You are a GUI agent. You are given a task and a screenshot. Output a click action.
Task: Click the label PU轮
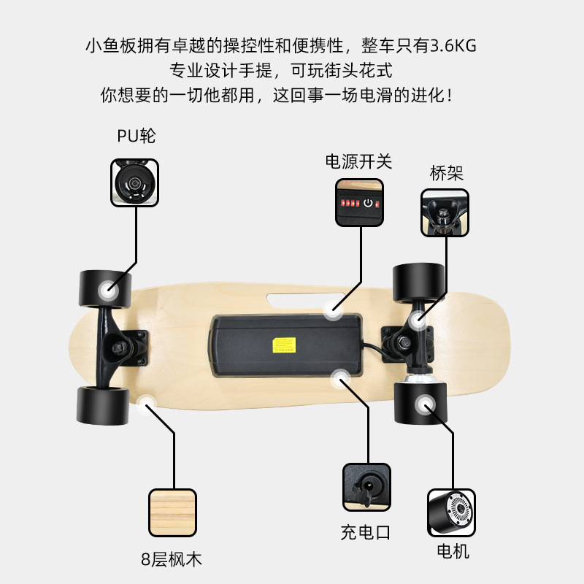coord(136,136)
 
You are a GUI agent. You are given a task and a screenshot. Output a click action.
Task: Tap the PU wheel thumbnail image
coord(135,182)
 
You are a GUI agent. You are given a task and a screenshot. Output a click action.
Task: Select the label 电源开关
coord(358,161)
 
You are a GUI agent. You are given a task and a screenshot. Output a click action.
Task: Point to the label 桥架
coord(446,173)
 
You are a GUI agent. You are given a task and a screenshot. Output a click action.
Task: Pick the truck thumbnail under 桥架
coord(445,212)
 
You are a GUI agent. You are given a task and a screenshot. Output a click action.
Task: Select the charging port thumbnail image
coord(366,487)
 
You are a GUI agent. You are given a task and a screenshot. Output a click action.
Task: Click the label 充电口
coord(366,532)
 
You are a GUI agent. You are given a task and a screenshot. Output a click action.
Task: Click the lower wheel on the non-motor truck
coord(103,405)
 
